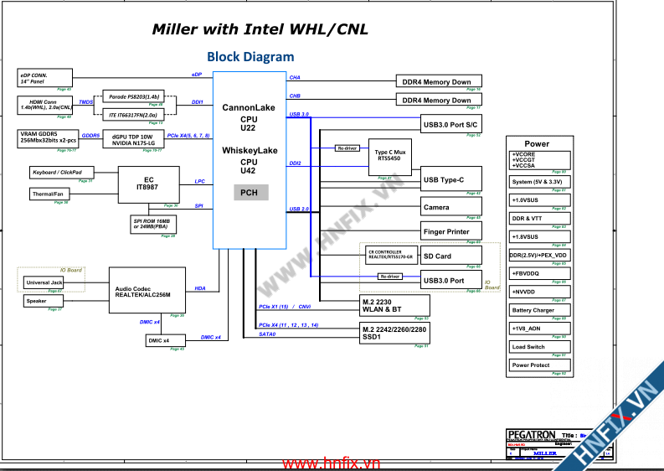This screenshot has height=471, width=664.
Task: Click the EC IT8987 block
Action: pyautogui.click(x=148, y=185)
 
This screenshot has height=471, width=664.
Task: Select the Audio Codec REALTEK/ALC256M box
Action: pyautogui.click(x=147, y=290)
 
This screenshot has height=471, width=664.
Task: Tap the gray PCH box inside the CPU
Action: pyautogui.click(x=250, y=193)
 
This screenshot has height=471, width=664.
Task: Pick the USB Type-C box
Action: pyautogui.click(x=450, y=179)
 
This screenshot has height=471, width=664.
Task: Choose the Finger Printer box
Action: pyautogui.click(x=450, y=231)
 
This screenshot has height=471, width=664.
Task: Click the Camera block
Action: pyautogui.click(x=450, y=207)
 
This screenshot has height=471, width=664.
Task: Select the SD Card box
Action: pyautogui.click(x=450, y=256)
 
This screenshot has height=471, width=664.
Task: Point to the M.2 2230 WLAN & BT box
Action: pyautogui.click(x=394, y=305)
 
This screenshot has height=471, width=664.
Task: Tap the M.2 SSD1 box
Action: pyautogui.click(x=394, y=332)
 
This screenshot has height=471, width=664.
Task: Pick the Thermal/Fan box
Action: pyautogui.click(x=49, y=194)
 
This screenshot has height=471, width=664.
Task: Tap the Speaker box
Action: pyautogui.click(x=37, y=301)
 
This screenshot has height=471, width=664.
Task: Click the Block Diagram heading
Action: pyautogui.click(x=250, y=57)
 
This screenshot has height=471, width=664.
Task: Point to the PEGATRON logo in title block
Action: pyautogui.click(x=531, y=435)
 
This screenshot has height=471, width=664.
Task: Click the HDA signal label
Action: pyautogui.click(x=200, y=288)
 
